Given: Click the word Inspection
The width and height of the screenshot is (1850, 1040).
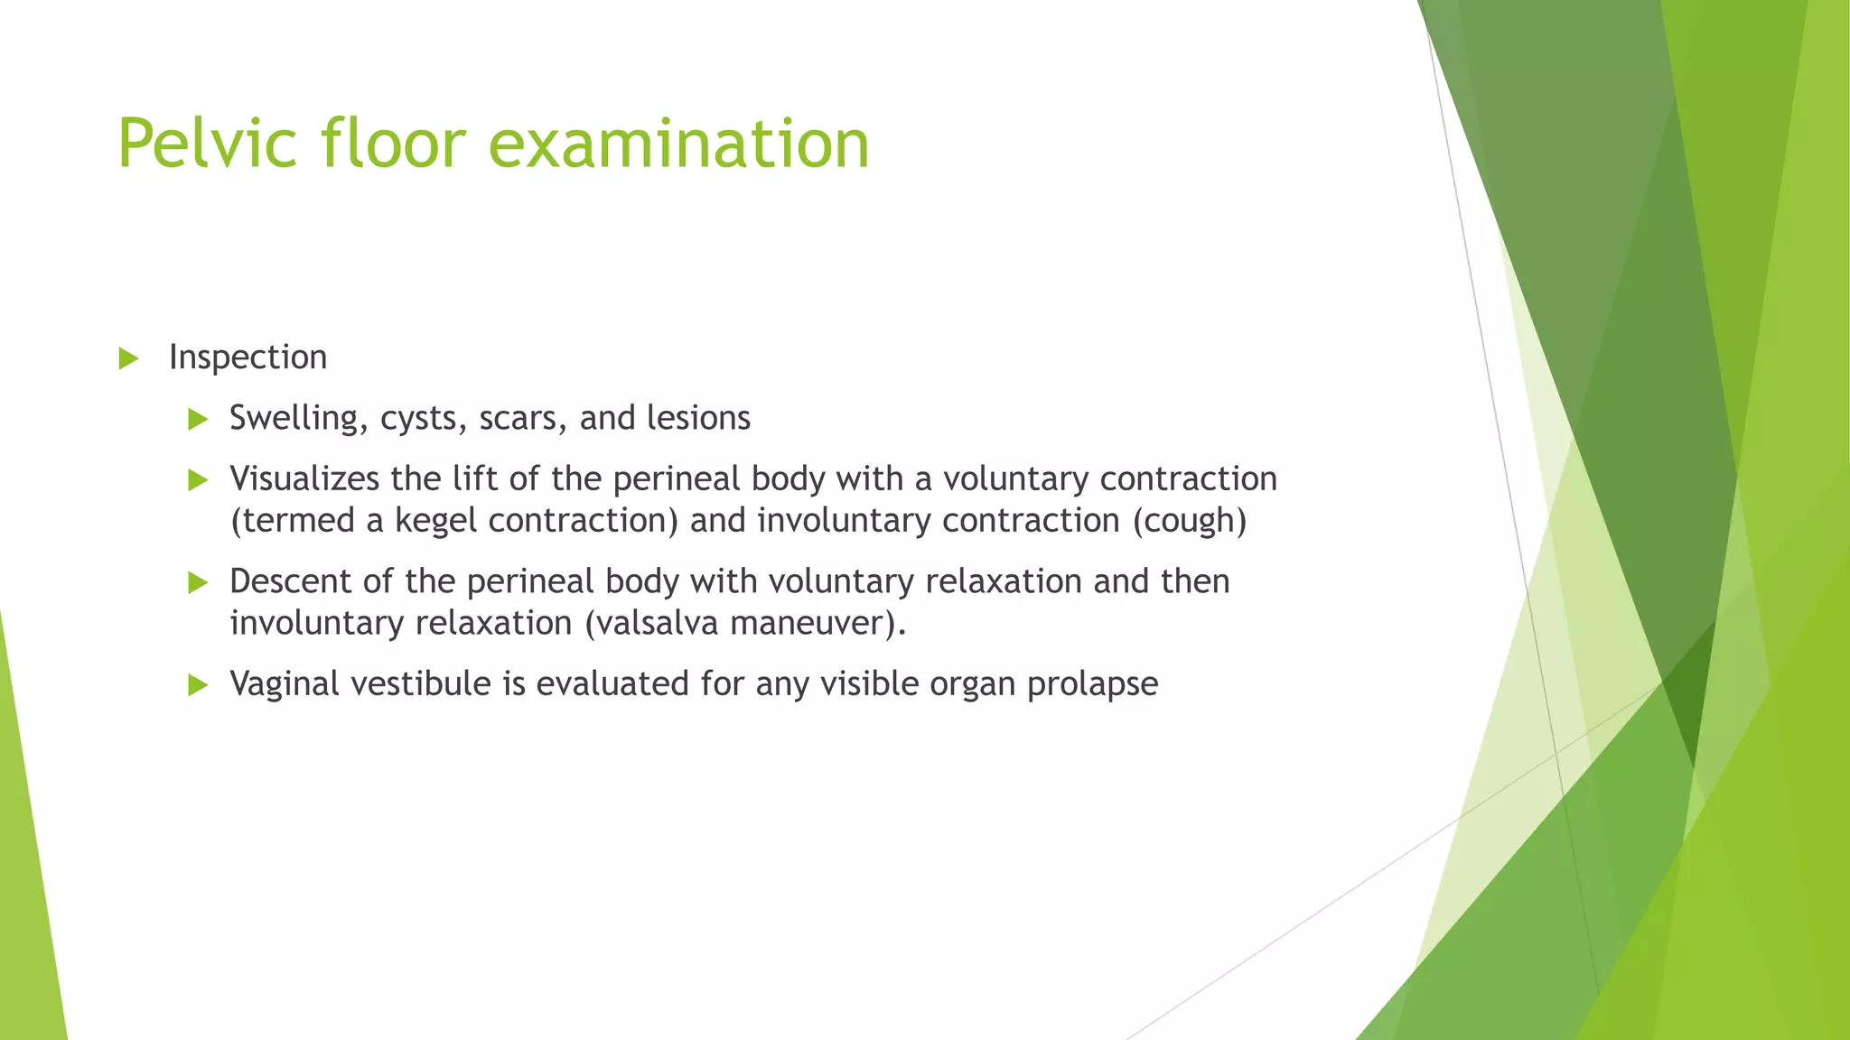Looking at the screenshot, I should point(248,357).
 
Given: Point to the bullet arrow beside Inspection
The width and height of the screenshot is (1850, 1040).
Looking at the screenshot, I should point(128,359).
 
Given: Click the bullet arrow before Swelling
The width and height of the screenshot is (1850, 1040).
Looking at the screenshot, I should point(198,420).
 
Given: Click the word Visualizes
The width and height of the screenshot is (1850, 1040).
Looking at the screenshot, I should point(304,478).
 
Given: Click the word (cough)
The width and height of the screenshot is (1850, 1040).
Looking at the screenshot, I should point(1189,521).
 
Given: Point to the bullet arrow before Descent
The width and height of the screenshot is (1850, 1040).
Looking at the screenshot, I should point(198,583).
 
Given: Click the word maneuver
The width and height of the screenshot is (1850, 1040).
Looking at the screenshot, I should point(816,623).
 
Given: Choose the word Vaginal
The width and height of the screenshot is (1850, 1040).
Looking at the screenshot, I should point(285,684).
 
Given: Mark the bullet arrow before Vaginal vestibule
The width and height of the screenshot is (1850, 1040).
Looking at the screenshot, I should point(198,686).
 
